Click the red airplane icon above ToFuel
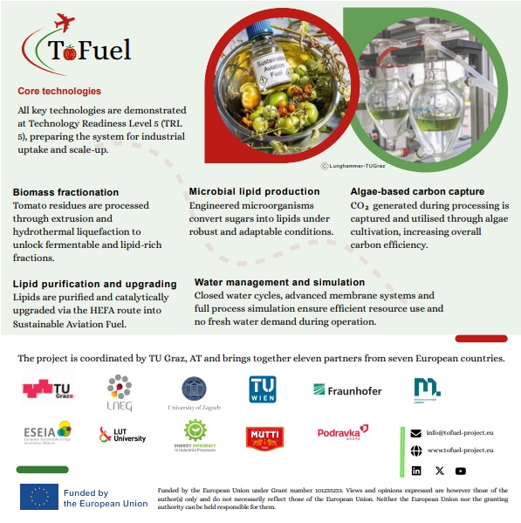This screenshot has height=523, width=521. [65, 20]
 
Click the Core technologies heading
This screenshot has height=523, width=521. [59, 91]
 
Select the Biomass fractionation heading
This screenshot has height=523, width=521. [65, 192]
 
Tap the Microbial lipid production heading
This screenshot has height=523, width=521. [254, 191]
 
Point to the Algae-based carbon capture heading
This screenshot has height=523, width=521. [417, 191]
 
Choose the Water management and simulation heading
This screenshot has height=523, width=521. [279, 283]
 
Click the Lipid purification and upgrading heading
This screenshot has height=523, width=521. [94, 284]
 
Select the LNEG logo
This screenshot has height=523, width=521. [119, 392]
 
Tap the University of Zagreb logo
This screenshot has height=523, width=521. [194, 392]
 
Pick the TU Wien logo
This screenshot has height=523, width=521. [262, 389]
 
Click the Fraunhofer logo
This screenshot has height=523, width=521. [347, 390]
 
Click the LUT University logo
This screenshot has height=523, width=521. [122, 434]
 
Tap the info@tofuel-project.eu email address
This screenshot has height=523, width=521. [459, 432]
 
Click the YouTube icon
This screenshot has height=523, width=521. [461, 471]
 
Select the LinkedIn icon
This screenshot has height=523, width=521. [416, 471]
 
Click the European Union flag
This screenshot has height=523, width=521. [39, 497]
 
